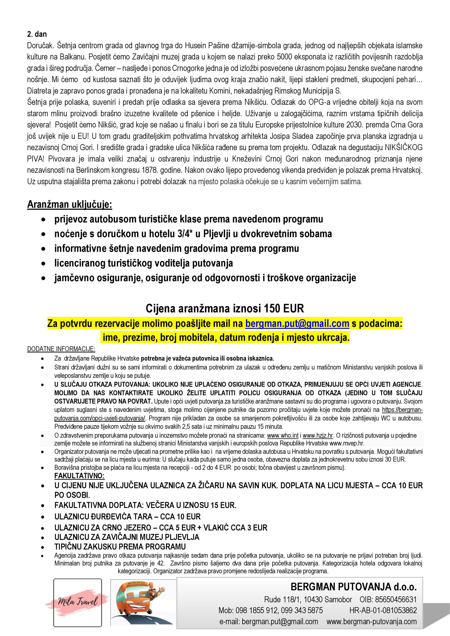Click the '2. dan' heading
pos(37,34)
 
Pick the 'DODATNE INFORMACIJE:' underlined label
pos(61,349)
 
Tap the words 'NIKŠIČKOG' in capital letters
pos(399,147)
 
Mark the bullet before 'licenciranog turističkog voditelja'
pos(43,263)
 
